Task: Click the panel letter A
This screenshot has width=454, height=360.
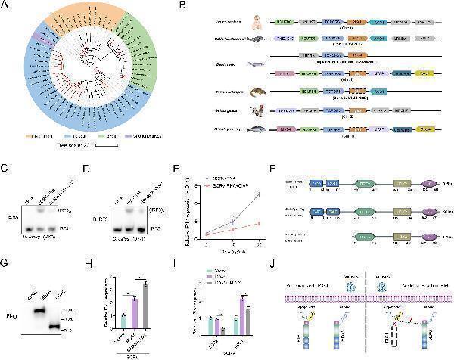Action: point(7,7)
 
